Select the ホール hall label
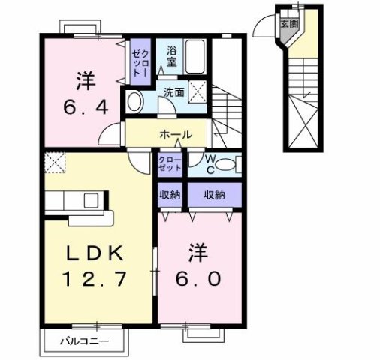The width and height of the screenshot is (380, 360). pos(176,136)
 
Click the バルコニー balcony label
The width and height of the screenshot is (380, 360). pos(85,341)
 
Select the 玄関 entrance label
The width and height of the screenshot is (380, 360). pos(288,23)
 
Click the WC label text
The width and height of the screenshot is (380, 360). pos(211,163)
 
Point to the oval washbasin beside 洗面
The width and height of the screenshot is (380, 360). pos(136,102)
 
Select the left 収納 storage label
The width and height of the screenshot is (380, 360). pos(168,195)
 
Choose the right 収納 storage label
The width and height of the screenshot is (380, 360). pos(216,195)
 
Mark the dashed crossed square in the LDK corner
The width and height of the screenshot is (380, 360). pos(55,161)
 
